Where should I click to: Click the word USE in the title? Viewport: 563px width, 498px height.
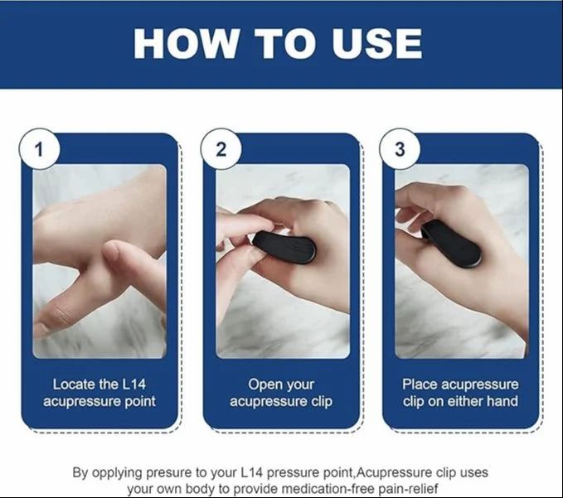click(377, 43)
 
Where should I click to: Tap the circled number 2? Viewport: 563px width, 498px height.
click(221, 150)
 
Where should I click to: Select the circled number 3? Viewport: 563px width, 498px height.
click(399, 150)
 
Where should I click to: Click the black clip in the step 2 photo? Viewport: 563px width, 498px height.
click(284, 246)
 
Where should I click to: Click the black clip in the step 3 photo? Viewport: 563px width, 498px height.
click(453, 244)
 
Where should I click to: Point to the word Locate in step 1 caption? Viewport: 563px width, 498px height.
click(74, 384)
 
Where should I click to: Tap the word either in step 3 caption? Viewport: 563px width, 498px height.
click(468, 402)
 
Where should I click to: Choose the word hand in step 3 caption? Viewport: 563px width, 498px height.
click(504, 402)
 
